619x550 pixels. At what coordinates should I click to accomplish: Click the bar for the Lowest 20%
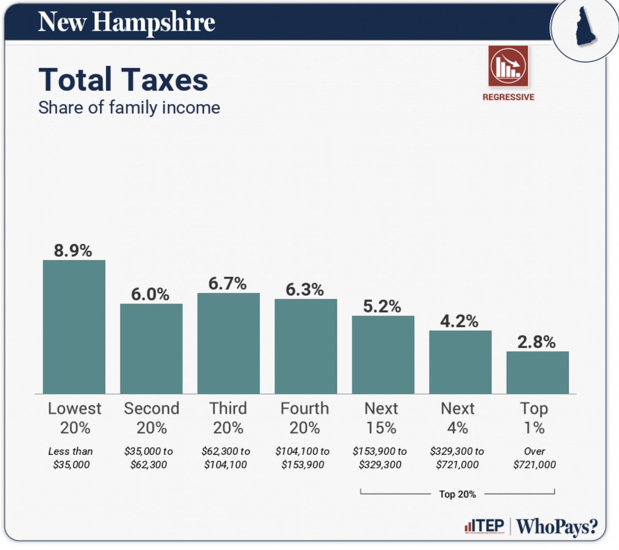click(74, 327)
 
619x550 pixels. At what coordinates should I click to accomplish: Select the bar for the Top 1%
click(537, 372)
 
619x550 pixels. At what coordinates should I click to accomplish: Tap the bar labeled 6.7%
click(228, 343)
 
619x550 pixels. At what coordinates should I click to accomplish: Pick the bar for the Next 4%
click(460, 362)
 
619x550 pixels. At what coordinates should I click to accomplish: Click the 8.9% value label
click(73, 251)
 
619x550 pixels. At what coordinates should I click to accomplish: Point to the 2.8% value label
click(536, 342)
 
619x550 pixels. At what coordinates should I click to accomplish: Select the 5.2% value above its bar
click(382, 306)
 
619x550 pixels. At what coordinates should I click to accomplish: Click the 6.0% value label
click(150, 294)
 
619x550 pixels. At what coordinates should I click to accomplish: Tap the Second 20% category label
click(152, 418)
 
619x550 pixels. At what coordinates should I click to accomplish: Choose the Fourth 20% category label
click(304, 418)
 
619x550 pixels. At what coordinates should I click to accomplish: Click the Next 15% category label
click(381, 418)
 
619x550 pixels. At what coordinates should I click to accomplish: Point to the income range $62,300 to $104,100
click(226, 458)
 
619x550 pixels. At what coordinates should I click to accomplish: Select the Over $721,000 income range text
click(534, 458)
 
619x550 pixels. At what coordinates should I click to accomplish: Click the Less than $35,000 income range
click(71, 458)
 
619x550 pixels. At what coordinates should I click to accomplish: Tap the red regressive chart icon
click(508, 66)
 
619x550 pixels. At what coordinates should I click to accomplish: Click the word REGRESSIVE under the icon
click(508, 97)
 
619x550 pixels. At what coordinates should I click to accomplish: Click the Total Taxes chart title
click(123, 80)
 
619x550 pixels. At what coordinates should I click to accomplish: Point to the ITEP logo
click(484, 526)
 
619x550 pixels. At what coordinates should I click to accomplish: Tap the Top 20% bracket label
click(457, 494)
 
